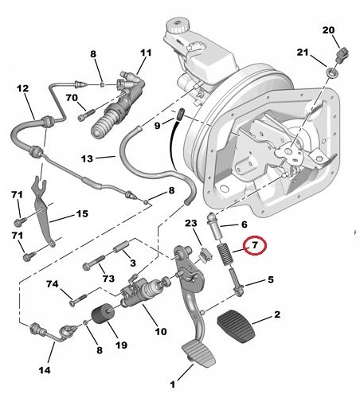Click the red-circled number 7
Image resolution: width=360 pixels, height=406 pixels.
[255, 245]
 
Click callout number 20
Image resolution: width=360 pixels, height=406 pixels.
[328, 30]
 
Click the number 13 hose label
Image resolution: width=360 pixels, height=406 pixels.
[87, 158]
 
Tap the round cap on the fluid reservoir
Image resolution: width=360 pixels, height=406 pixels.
[178, 25]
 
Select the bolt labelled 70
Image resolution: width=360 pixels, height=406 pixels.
[86, 115]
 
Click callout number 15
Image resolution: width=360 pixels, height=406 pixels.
[82, 213]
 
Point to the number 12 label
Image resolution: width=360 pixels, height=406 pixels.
[22, 88]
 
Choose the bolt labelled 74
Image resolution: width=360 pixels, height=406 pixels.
[78, 299]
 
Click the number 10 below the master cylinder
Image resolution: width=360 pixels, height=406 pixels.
[160, 331]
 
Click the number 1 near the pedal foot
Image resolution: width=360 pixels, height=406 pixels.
[173, 385]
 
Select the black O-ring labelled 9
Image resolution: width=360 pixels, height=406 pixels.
[181, 114]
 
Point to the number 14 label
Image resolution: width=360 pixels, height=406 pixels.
[45, 370]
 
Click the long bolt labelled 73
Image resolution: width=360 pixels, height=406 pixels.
[95, 262]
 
